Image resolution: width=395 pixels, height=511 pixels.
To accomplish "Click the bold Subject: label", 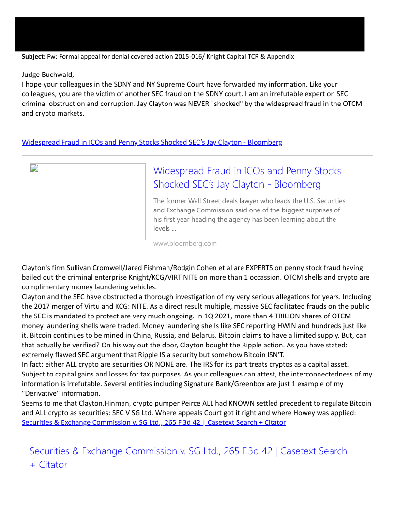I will tap(33, 57).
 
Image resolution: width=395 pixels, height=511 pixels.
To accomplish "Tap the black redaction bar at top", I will tap(190, 34).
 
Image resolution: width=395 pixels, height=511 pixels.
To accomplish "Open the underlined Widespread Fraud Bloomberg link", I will tap(152, 142).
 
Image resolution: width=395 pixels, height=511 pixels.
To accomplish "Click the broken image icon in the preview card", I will tap(34, 168).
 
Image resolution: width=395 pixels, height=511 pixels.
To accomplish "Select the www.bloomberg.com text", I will tap(185, 243).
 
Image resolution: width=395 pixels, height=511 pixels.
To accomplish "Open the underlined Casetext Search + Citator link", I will tap(153, 422).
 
